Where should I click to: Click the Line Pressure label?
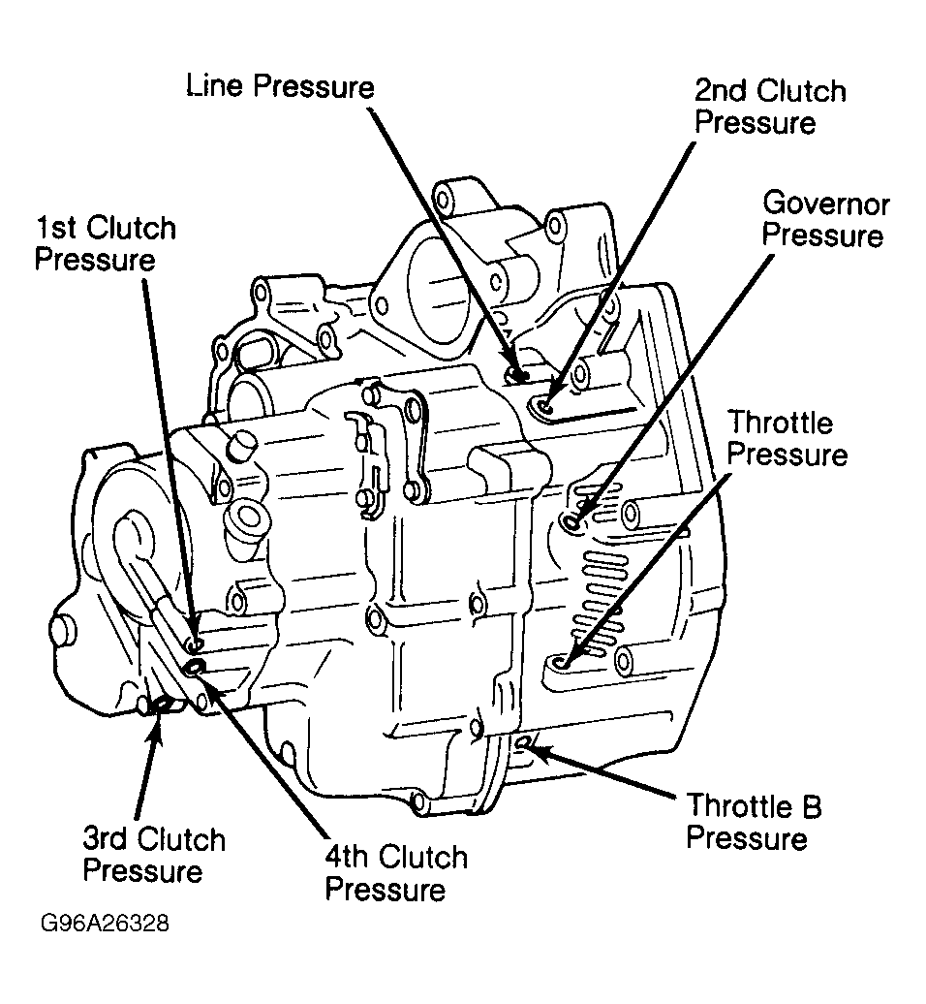pyautogui.click(x=280, y=86)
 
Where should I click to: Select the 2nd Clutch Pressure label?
pyautogui.click(x=770, y=107)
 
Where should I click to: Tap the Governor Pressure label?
pyautogui.click(x=825, y=220)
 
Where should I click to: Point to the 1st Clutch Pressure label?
pyautogui.click(x=105, y=243)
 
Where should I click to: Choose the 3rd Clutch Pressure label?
pyautogui.click(x=154, y=855)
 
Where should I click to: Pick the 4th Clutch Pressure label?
pyautogui.click(x=396, y=873)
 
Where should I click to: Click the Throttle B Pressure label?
pyautogui.click(x=754, y=822)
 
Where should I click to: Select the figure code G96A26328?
pyautogui.click(x=105, y=924)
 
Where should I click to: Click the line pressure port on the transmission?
pyautogui.click(x=516, y=374)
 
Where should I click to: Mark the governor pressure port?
pyautogui.click(x=571, y=522)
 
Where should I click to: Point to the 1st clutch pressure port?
pyautogui.click(x=197, y=643)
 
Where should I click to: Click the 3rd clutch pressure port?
pyautogui.click(x=163, y=705)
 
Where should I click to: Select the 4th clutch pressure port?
pyautogui.click(x=194, y=668)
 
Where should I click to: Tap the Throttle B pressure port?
pyautogui.click(x=522, y=741)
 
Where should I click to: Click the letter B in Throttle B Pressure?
pyautogui.click(x=812, y=806)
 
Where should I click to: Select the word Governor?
pyautogui.click(x=826, y=204)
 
